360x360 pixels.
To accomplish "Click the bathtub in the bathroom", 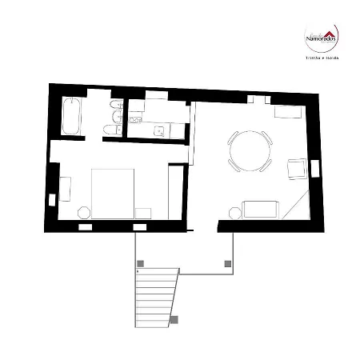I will pos(70,116).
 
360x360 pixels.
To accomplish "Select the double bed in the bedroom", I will pos(112,191).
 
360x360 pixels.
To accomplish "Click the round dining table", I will pos(250,150).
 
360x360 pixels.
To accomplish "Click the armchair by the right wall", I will pos(297,169).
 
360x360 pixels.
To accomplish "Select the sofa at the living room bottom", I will pos(262,210).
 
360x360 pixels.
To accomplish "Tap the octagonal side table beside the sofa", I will pos(234,212).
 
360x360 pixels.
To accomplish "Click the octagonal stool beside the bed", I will pos(82,213).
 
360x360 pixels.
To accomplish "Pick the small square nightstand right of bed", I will pos(143,212).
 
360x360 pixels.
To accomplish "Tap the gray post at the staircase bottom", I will pos(174,320).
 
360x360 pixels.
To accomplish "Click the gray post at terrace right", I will pos(228,263).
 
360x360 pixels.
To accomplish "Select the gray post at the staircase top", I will pos(141,263).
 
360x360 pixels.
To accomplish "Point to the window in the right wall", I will pos(315,169).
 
